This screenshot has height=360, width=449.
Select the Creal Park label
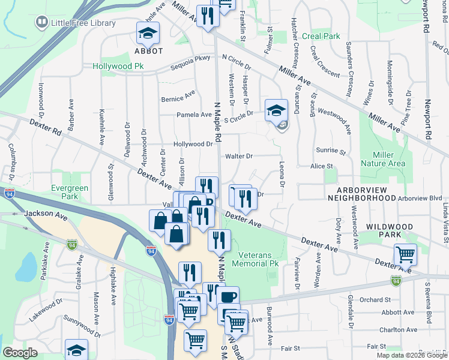pos(321,37)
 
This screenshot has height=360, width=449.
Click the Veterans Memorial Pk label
pos(258,259)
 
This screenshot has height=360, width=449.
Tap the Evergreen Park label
pos(70,192)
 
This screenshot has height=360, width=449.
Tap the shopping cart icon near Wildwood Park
pos(405,254)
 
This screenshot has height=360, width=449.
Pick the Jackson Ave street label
pos(46,214)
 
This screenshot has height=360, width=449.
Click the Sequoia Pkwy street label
pos(191,64)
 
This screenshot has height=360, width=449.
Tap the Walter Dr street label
pos(239,157)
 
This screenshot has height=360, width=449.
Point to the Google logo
pos(20,353)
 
